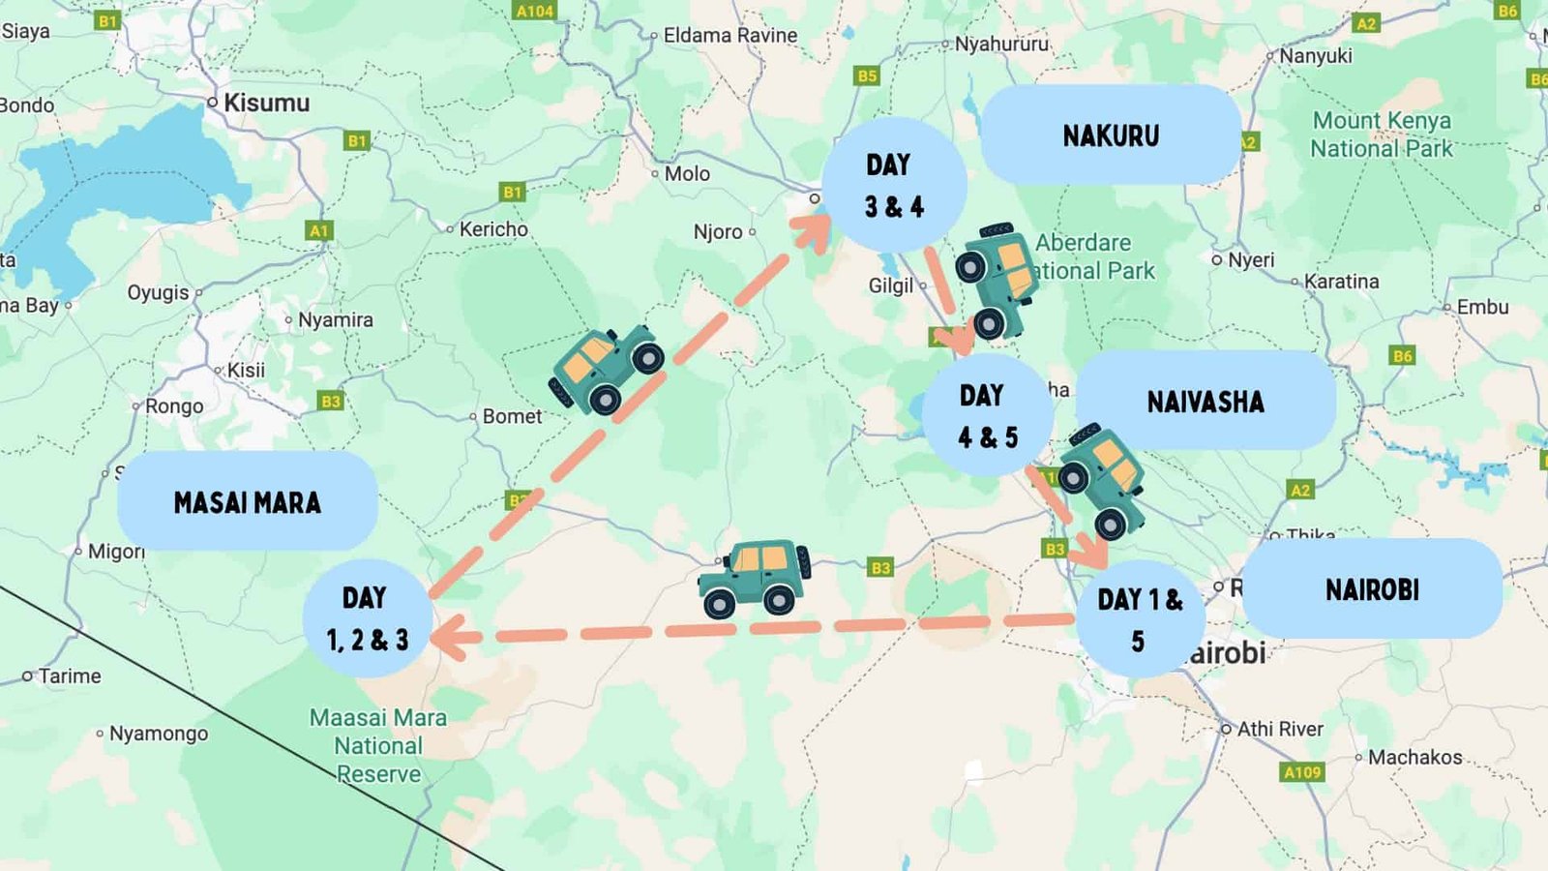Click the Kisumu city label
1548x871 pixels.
pyautogui.click(x=266, y=103)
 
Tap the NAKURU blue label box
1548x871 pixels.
pyautogui.click(x=1111, y=135)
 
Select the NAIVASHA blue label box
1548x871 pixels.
pyautogui.click(x=1206, y=401)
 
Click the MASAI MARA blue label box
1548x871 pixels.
pyautogui.click(x=248, y=501)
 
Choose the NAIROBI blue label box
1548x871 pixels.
pyautogui.click(x=1372, y=588)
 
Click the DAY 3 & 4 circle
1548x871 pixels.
pyautogui.click(x=894, y=185)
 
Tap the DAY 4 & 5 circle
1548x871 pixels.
pyautogui.click(x=987, y=415)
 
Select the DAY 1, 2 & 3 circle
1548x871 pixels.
pyautogui.click(x=367, y=618)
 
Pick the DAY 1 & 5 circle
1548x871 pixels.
pyautogui.click(x=1140, y=618)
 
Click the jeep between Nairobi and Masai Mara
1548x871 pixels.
pyautogui.click(x=756, y=578)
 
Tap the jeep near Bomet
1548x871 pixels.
pyautogui.click(x=607, y=368)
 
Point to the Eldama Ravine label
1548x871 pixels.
pyautogui.click(x=729, y=36)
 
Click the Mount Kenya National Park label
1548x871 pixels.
pyautogui.click(x=1382, y=135)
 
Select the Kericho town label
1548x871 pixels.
pyautogui.click(x=493, y=229)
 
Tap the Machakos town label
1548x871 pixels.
pyautogui.click(x=1414, y=757)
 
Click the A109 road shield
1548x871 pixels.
pyautogui.click(x=1301, y=772)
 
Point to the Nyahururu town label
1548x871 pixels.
pyautogui.click(x=1001, y=44)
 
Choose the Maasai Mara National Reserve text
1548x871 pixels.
pyautogui.click(x=378, y=745)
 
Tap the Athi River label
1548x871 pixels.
pyautogui.click(x=1279, y=729)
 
